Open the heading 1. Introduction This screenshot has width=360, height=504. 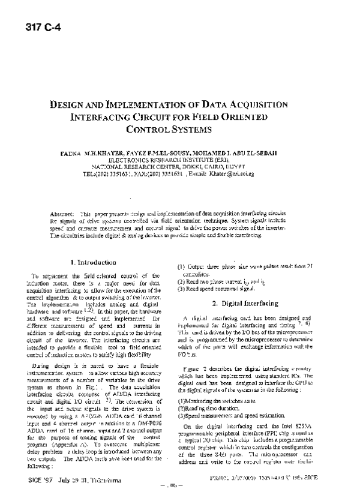pos(93,262)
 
